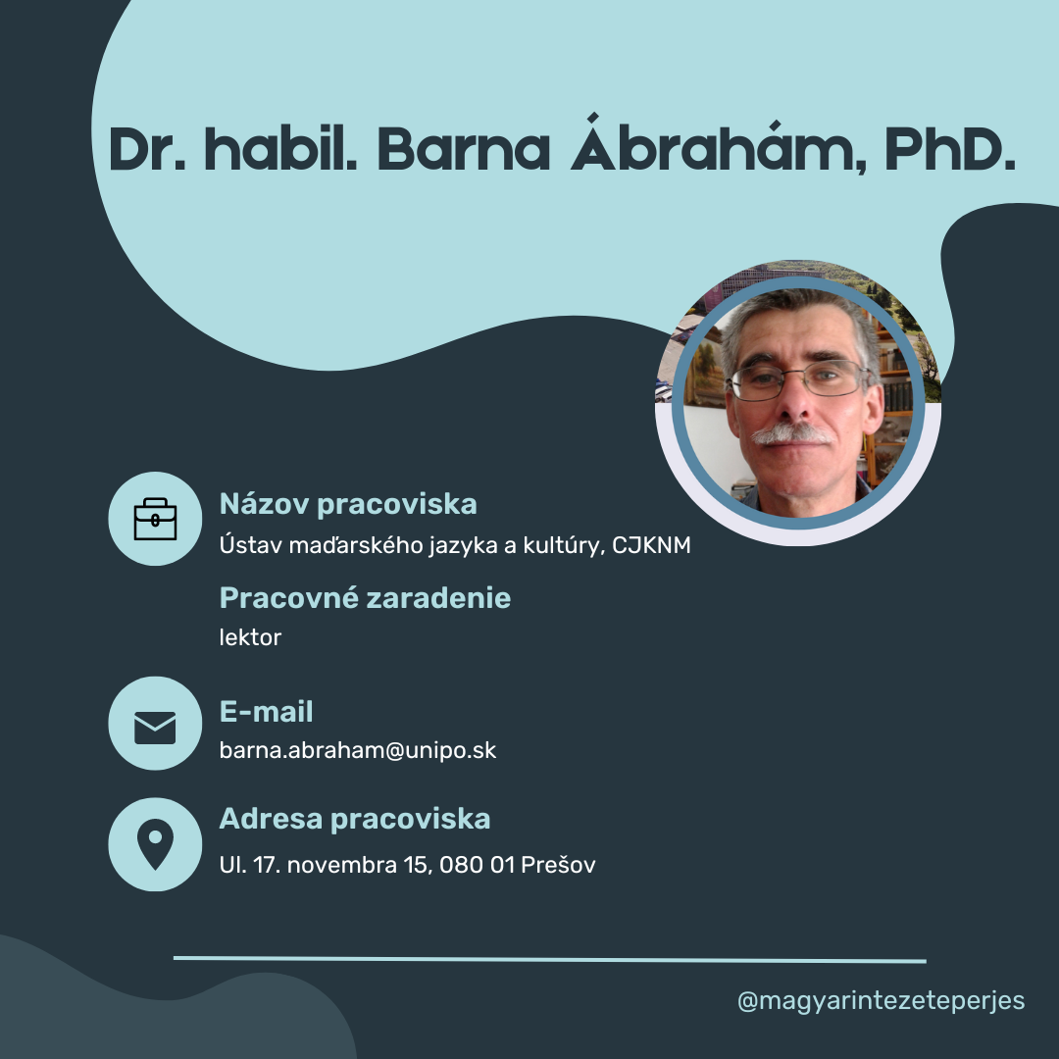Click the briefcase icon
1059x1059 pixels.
[x=155, y=520]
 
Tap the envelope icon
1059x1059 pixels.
[x=155, y=728]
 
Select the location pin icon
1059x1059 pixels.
[x=155, y=844]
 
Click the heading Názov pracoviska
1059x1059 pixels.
[x=348, y=505]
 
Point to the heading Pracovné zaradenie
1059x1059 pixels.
[x=365, y=598]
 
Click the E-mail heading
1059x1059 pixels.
[x=266, y=712]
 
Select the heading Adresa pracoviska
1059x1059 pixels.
[x=355, y=819]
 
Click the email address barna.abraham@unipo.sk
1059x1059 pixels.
[x=358, y=750]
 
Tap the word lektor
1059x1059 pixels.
[x=250, y=637]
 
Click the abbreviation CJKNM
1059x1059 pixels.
[x=651, y=545]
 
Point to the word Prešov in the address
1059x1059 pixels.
[x=559, y=865]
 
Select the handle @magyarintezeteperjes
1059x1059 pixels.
[x=881, y=1001]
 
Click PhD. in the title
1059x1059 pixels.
[x=950, y=149]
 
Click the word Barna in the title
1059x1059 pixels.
[x=463, y=149]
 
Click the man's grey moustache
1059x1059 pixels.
[x=792, y=434]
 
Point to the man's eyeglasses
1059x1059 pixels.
[x=799, y=379]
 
